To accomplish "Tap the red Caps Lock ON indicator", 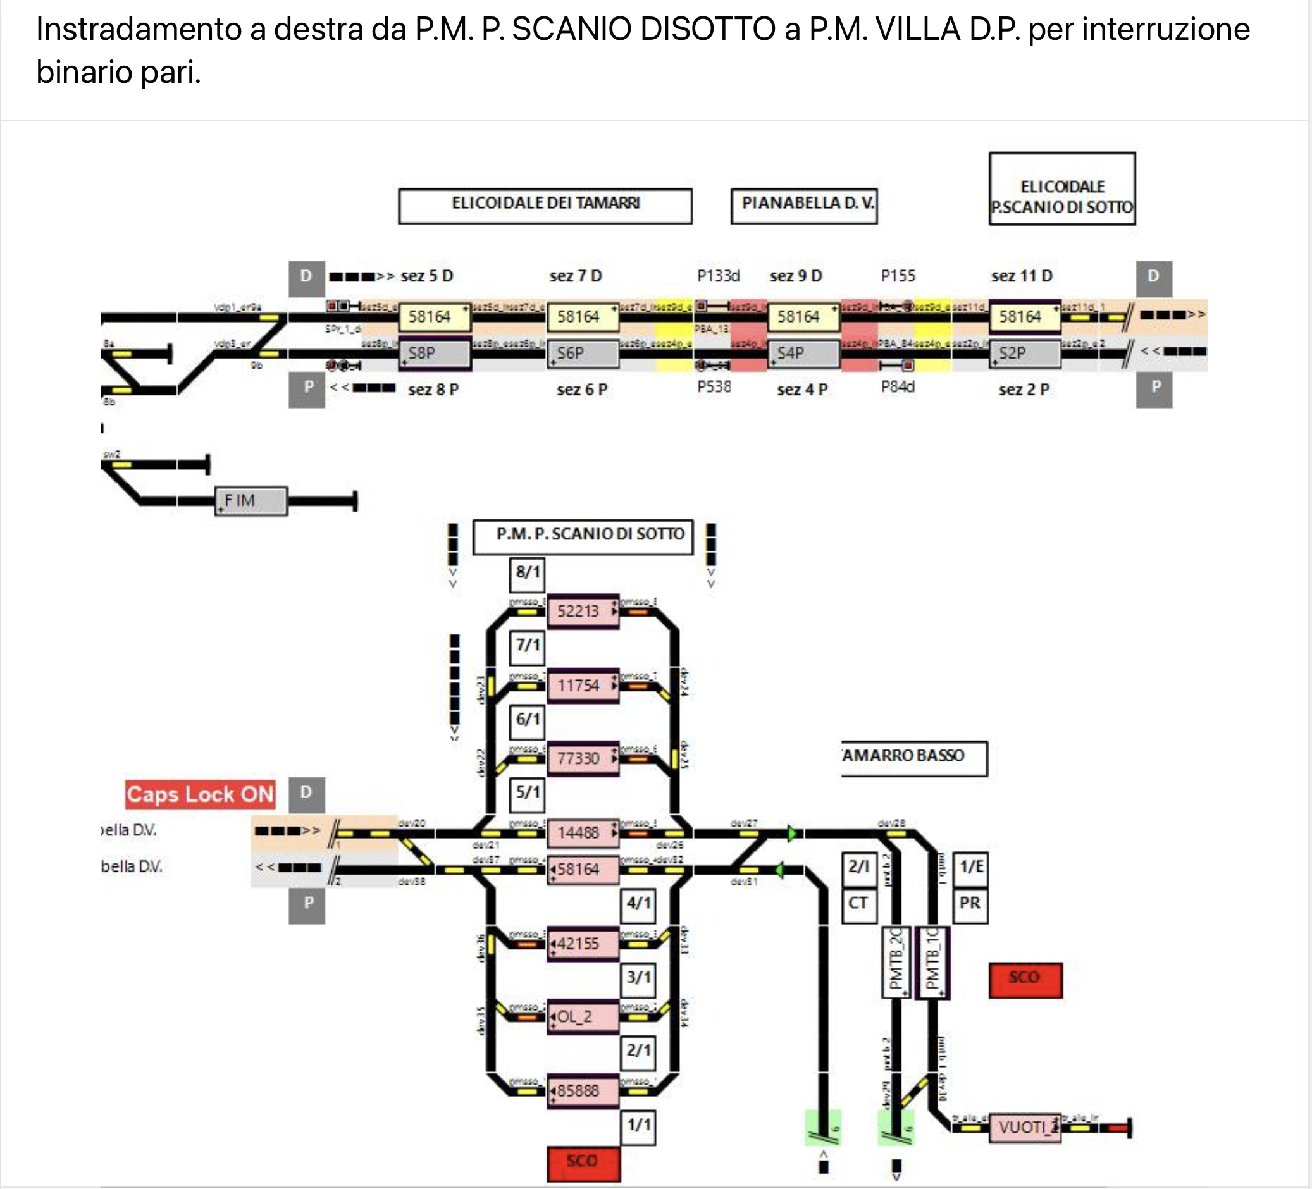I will [200, 794].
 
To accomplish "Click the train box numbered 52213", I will [583, 611].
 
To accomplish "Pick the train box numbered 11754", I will [583, 686].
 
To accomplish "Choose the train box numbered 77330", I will [583, 758].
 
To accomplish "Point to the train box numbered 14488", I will [583, 832].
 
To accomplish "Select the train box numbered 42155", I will [583, 944].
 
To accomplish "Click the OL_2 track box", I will [583, 1016].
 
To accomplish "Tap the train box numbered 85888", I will [583, 1091].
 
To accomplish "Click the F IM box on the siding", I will [251, 500].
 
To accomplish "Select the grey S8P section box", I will [434, 354].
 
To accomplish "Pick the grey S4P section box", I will [803, 354].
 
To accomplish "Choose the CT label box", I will [858, 903].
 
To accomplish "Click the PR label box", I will [970, 903].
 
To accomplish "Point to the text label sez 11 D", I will [1022, 276].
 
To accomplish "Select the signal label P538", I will [714, 387].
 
